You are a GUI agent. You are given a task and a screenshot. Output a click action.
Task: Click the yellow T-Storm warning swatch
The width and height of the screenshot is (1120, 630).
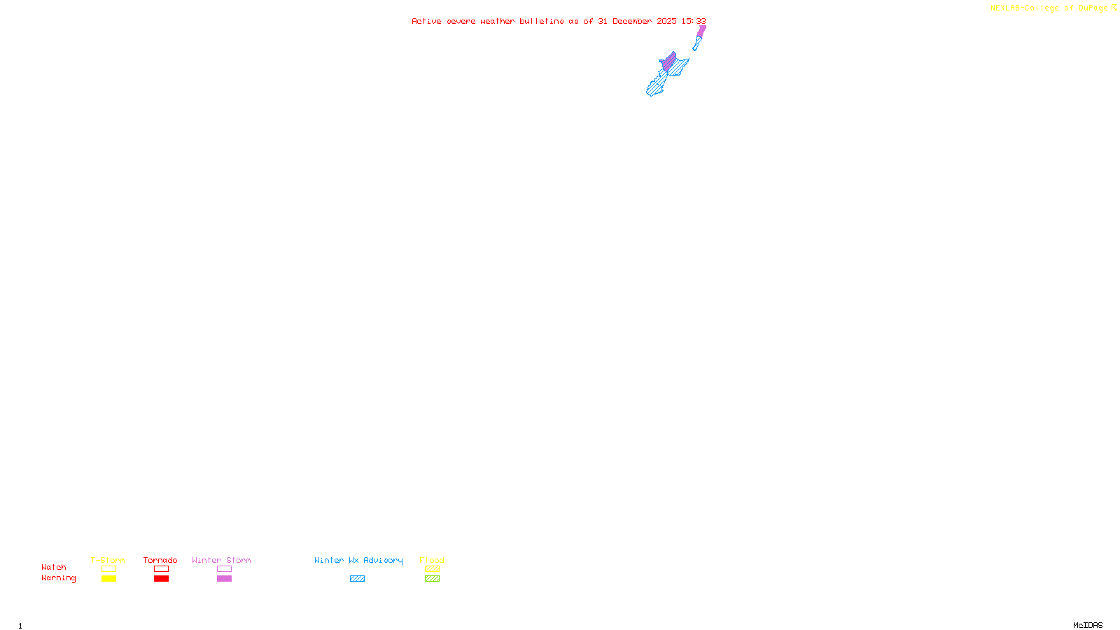coord(108,579)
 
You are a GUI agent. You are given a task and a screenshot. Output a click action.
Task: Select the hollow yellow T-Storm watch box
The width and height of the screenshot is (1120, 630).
coord(108,569)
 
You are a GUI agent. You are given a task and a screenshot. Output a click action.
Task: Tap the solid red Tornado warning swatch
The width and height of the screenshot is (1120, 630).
coord(161,579)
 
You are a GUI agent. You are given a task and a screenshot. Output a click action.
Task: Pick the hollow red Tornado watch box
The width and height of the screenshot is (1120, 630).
coord(161,569)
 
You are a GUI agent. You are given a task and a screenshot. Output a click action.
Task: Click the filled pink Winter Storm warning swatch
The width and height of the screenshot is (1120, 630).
coord(224,579)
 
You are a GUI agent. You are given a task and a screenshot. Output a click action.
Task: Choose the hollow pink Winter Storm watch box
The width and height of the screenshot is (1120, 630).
coord(224,569)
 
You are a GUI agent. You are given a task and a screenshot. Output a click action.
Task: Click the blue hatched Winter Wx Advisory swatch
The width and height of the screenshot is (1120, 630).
coord(357,579)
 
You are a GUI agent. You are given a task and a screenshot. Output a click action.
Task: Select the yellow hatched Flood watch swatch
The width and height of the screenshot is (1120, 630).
coord(432,569)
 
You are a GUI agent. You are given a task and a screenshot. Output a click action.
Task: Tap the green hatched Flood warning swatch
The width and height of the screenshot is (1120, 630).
coord(432,579)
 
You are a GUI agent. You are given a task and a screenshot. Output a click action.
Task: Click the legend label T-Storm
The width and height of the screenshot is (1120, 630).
coord(108,560)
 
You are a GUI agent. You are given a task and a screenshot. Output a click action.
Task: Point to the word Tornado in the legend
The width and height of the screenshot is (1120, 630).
coord(160,560)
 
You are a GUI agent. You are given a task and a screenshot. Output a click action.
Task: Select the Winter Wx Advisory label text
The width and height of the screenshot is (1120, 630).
coord(358,560)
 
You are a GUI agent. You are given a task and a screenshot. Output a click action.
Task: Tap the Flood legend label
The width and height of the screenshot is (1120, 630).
coord(432,560)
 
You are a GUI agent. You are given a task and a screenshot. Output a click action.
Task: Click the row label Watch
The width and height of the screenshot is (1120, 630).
coord(54,568)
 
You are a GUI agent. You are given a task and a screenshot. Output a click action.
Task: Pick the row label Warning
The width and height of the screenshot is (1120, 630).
coord(59,578)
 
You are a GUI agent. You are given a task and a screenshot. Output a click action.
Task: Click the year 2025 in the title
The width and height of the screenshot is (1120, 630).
coord(666,21)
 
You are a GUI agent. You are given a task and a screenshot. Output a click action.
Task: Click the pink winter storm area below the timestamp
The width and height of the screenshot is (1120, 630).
coord(701,31)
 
